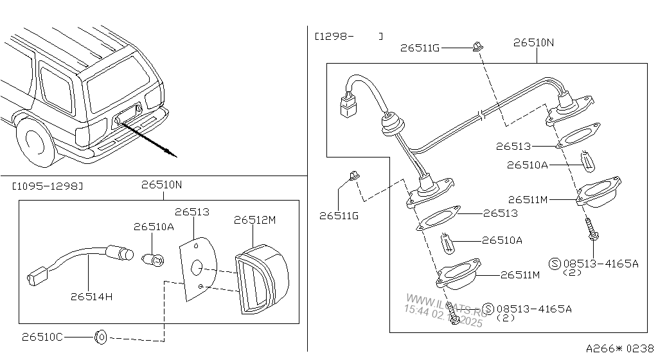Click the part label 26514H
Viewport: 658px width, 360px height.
point(91,296)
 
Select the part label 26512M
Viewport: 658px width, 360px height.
point(254,220)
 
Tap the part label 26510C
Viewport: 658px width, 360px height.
point(42,337)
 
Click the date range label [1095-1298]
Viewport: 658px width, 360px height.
point(47,186)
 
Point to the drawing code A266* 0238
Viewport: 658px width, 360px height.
point(620,348)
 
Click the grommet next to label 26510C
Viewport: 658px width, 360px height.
point(101,337)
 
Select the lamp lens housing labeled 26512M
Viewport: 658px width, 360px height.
point(262,279)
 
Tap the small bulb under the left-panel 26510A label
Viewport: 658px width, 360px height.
point(153,260)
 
